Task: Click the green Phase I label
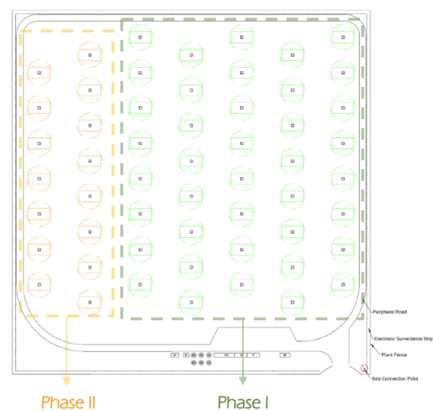pos(243,402)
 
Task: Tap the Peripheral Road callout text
pos(390,312)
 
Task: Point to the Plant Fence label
pos(394,355)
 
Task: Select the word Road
pos(400,312)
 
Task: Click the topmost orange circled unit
pos(90,55)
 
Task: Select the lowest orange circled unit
pos(90,302)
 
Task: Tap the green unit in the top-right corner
pos(343,37)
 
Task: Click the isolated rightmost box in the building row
pos(285,355)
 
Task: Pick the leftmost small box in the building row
pos(175,355)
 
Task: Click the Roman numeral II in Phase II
pos(88,402)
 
